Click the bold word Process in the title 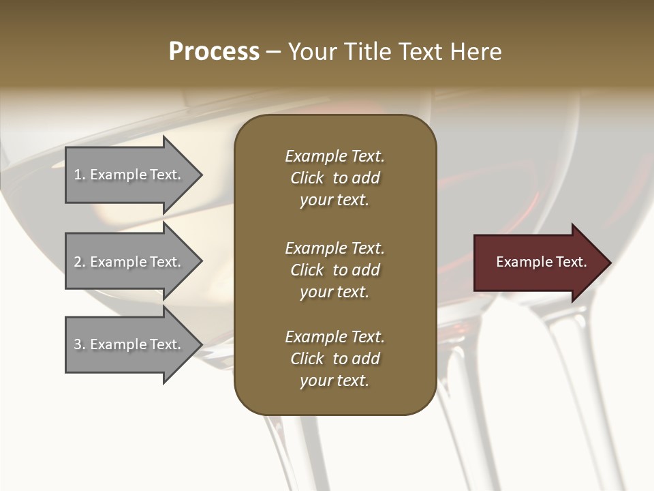[x=214, y=52]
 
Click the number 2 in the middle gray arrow [x=78, y=262]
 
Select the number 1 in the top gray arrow [x=78, y=175]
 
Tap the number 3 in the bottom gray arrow [x=78, y=344]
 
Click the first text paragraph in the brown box [x=334, y=178]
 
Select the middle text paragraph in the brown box [x=334, y=270]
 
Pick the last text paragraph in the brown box [x=334, y=359]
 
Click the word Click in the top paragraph [x=307, y=178]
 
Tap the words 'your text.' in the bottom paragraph [x=334, y=381]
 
